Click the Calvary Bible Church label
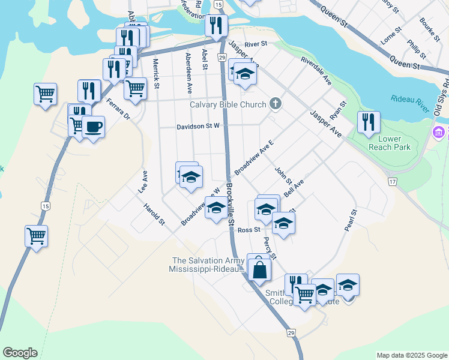[228, 104]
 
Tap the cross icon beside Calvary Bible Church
[276, 104]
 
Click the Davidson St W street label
[198, 127]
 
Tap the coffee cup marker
[93, 127]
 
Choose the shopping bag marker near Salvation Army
[259, 269]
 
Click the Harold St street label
[154, 214]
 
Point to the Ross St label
[248, 230]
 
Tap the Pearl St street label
[351, 221]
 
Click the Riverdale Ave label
[316, 70]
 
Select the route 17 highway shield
[393, 181]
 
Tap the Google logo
[20, 353]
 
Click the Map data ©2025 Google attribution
[411, 355]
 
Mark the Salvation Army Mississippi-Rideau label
[208, 265]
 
